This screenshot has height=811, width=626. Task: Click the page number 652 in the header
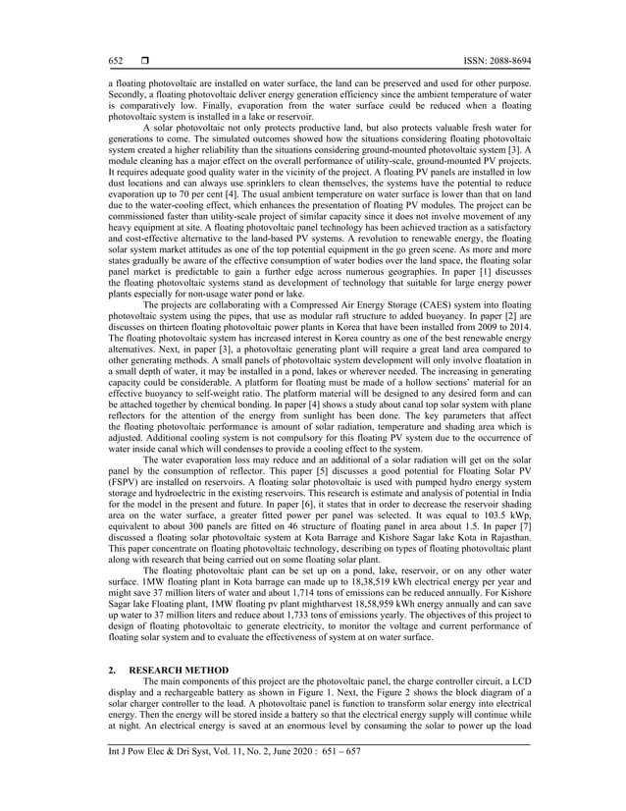click(x=115, y=61)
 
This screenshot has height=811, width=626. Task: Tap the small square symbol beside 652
click(x=144, y=61)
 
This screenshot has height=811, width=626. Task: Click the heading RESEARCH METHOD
click(x=183, y=671)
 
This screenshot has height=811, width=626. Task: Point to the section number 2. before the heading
click(x=112, y=671)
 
